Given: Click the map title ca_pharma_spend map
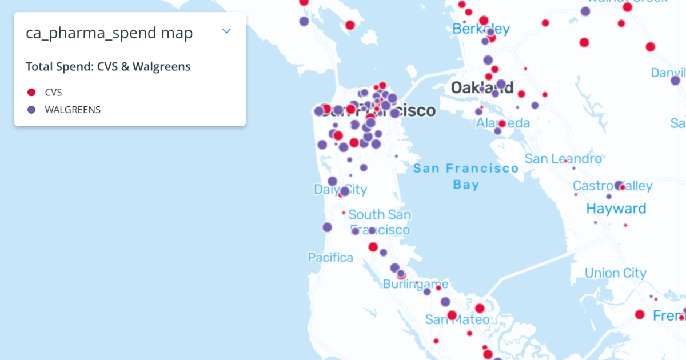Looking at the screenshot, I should coord(109,33).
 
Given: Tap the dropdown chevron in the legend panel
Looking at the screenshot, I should coord(227,31).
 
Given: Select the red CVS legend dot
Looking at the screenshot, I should coord(31,92).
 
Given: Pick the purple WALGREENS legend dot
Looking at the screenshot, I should coord(31,110).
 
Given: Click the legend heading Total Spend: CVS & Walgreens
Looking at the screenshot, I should coord(108,67).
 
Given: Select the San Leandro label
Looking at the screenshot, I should coord(563,158).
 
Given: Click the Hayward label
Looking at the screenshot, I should coord(616,209).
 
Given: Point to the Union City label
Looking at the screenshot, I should coord(615,273).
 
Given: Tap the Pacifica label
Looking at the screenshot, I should coord(330,258).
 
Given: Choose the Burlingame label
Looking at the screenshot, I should coord(415,284).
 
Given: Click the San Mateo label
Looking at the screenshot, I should coord(457,319).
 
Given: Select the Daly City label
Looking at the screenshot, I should coord(340,190).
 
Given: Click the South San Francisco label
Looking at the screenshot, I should coord(380,222).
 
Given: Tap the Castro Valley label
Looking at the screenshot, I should coord(612,186).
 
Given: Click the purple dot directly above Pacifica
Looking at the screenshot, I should coord(327,227).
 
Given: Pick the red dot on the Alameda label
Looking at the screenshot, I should coord(502,123).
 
